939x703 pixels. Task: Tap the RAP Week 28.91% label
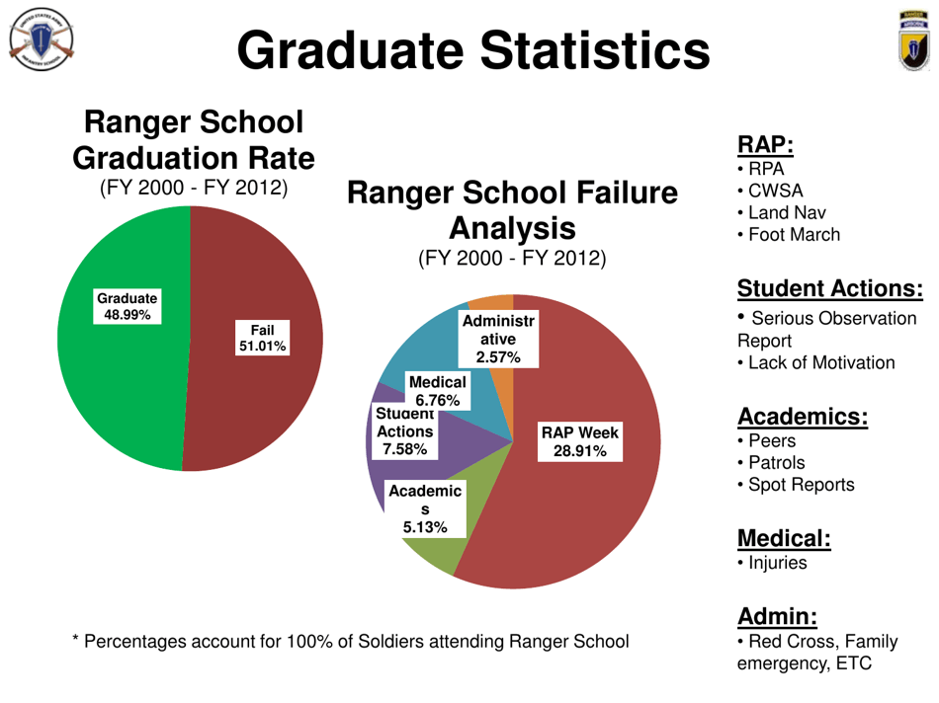click(x=578, y=441)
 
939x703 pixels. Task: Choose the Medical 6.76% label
click(x=436, y=390)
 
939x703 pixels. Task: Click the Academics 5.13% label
click(x=424, y=508)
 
